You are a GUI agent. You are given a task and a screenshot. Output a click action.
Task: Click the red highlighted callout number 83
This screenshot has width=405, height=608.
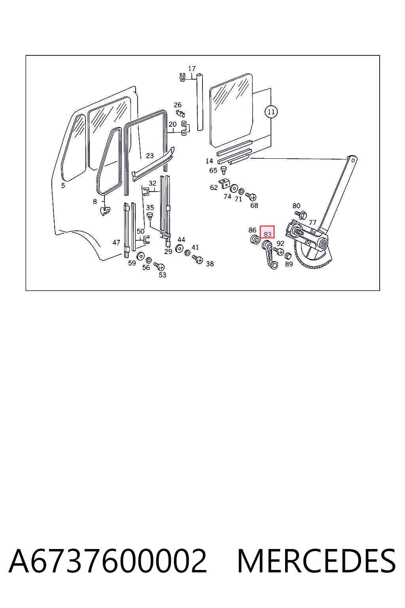coord(267,234)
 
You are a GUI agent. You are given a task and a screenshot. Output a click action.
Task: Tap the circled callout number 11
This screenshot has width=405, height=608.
coord(271,112)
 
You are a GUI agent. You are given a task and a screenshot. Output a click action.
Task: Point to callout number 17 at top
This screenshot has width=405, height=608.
coord(192,68)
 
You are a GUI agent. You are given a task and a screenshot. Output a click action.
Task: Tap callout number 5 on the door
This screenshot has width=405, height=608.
coord(63,185)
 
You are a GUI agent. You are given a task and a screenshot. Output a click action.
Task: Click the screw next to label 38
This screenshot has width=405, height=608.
coord(197,259)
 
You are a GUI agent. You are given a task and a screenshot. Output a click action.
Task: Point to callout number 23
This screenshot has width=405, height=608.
coord(150,156)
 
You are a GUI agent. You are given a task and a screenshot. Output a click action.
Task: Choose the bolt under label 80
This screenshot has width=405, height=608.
coord(301,215)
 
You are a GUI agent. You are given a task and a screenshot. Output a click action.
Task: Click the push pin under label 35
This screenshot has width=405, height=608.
coord(150,217)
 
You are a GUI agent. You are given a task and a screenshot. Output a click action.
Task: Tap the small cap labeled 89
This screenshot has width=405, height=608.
coord(288,256)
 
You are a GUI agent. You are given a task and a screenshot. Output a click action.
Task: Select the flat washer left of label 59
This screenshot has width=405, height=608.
coord(140,256)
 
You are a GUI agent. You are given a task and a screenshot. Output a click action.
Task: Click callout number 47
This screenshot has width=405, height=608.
coord(116,242)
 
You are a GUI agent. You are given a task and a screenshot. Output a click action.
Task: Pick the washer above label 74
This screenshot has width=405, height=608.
coord(234,188)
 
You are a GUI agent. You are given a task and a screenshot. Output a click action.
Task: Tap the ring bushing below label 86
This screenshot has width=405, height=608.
coord(255,240)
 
